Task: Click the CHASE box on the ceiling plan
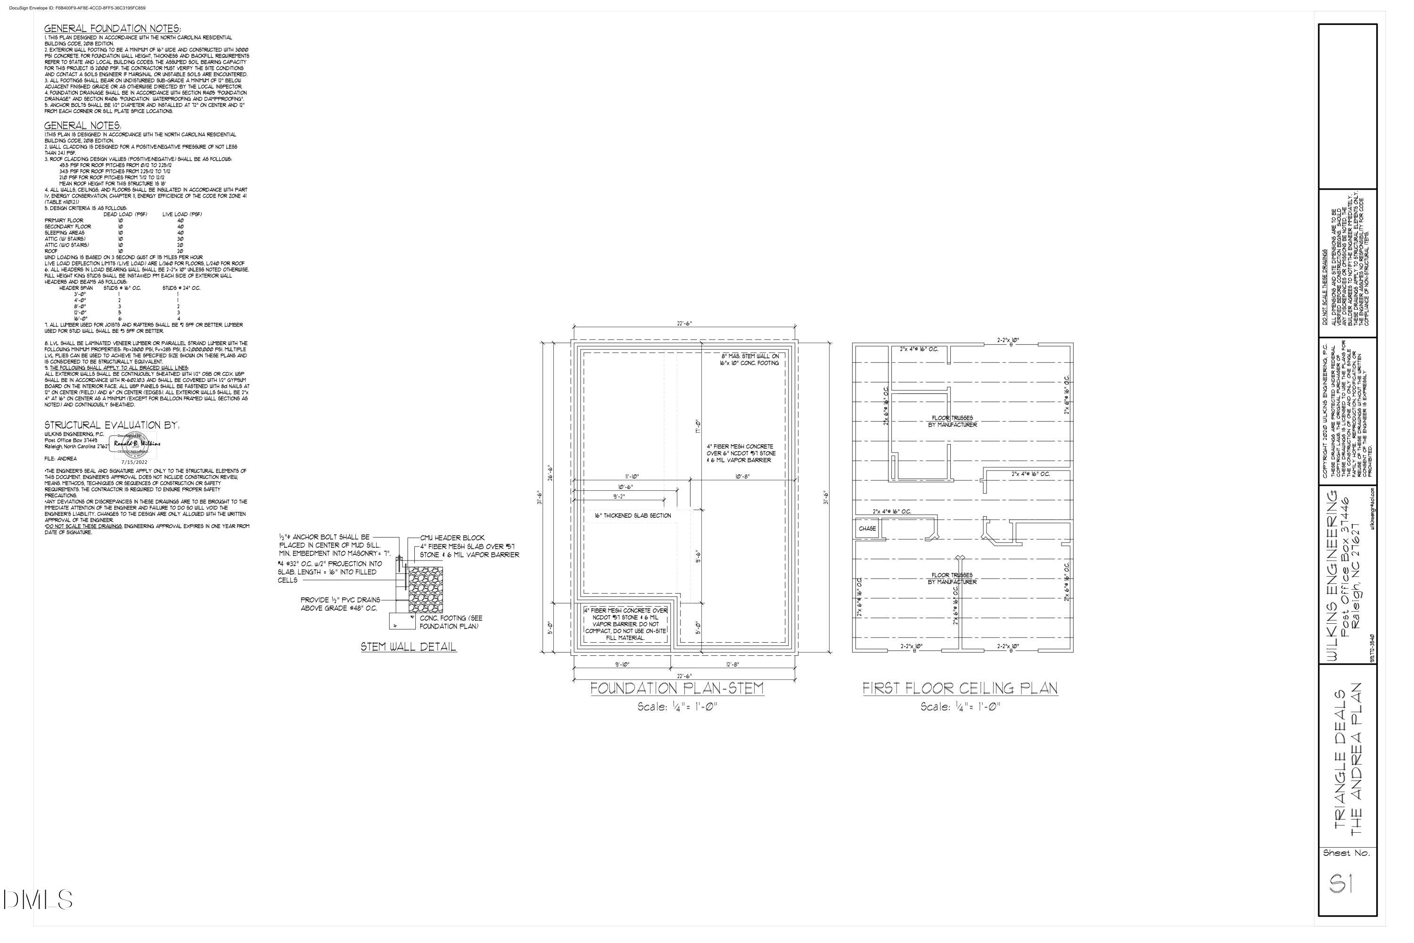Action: pyautogui.click(x=867, y=529)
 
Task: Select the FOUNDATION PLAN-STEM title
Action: pyautogui.click(x=677, y=688)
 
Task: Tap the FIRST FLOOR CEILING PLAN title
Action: pyautogui.click(x=960, y=688)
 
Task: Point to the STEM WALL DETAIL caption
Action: pyautogui.click(x=408, y=647)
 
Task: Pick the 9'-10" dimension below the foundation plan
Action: pyautogui.click(x=622, y=664)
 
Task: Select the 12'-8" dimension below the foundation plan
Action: pyautogui.click(x=732, y=664)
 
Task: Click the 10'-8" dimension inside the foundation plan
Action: pyautogui.click(x=742, y=476)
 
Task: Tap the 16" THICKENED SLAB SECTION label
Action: pyautogui.click(x=633, y=515)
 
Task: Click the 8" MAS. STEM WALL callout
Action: pyautogui.click(x=750, y=360)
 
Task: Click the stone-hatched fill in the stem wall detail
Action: pyautogui.click(x=426, y=590)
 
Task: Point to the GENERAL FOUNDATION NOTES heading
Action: pyautogui.click(x=113, y=28)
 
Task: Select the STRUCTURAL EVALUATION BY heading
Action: pyautogui.click(x=112, y=425)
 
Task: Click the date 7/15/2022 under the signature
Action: pyautogui.click(x=134, y=462)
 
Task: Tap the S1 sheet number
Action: pyautogui.click(x=1341, y=884)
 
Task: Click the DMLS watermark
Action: pyautogui.click(x=38, y=900)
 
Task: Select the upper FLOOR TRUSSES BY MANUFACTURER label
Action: pyautogui.click(x=952, y=421)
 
